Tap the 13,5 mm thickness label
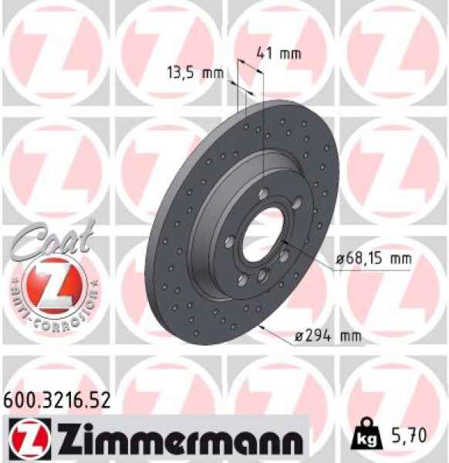point(194,74)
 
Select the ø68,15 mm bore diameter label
point(373,259)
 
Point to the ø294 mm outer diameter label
point(329,335)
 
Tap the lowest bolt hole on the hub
point(262,275)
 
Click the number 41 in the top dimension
point(266,54)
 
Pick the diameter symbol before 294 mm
point(297,336)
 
